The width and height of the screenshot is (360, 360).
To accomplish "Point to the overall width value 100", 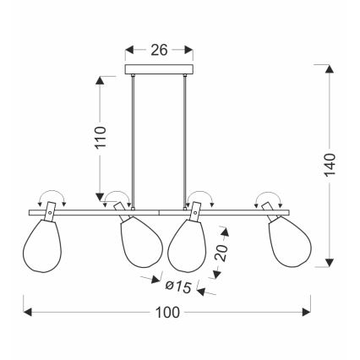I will (x=168, y=313).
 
